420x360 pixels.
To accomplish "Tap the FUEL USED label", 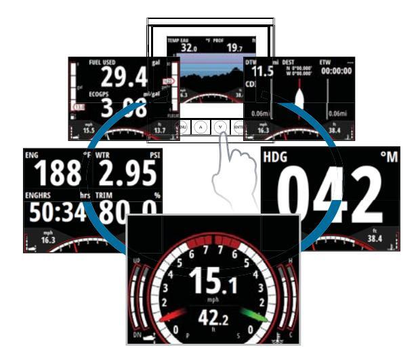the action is click(x=103, y=62).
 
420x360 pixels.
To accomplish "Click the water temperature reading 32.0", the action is click(x=180, y=48).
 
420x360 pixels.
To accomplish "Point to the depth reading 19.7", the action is click(x=235, y=48).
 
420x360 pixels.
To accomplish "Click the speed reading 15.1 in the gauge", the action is click(x=213, y=280).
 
